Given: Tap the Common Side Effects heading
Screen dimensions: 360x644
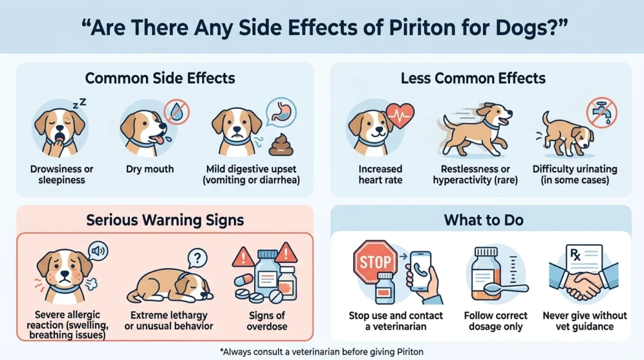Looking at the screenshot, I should click(160, 78).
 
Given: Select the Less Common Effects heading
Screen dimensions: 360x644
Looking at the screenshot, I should click(473, 78).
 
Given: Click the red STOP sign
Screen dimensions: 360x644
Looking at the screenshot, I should click(375, 261).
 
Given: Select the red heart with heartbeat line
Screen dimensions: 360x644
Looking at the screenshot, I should click(400, 116).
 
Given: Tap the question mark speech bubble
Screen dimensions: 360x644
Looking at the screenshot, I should click(197, 257).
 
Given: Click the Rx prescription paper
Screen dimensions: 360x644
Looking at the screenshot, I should click(584, 261).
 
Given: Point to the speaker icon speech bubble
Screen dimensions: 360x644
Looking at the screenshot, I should click(97, 250).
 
